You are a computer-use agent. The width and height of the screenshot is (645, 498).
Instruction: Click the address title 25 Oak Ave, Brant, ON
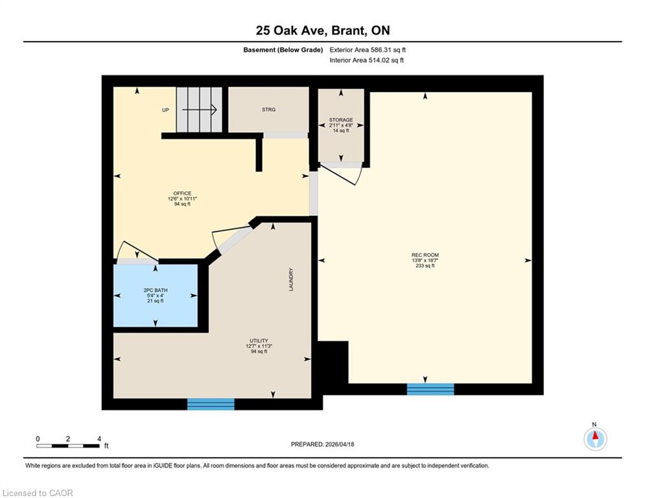(x=323, y=30)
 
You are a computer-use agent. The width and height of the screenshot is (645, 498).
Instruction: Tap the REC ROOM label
(x=425, y=255)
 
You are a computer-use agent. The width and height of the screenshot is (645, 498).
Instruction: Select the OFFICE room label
(x=182, y=193)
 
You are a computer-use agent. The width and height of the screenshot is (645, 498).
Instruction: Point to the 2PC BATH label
(x=156, y=290)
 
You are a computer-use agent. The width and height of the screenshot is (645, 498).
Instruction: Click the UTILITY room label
(x=259, y=341)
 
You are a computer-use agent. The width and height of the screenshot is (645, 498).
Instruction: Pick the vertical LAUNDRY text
(x=291, y=279)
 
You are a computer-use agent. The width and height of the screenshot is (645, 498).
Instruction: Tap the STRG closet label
(x=268, y=110)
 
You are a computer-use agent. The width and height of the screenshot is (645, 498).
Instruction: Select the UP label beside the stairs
(x=165, y=110)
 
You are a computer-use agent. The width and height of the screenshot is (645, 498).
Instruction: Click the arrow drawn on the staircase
(x=200, y=110)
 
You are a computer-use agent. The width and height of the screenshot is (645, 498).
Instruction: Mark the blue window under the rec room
(x=430, y=389)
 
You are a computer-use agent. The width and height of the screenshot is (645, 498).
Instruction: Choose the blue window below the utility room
(x=211, y=404)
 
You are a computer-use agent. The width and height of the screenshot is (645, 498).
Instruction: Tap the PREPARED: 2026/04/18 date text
(x=323, y=444)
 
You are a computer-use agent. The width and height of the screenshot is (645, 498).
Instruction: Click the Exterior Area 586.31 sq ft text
(x=368, y=50)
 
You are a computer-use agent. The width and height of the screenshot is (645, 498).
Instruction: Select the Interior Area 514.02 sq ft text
(x=366, y=60)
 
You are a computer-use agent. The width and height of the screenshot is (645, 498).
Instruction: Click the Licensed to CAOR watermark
(x=38, y=493)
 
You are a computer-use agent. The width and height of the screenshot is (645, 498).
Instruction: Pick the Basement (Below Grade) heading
(x=283, y=50)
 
